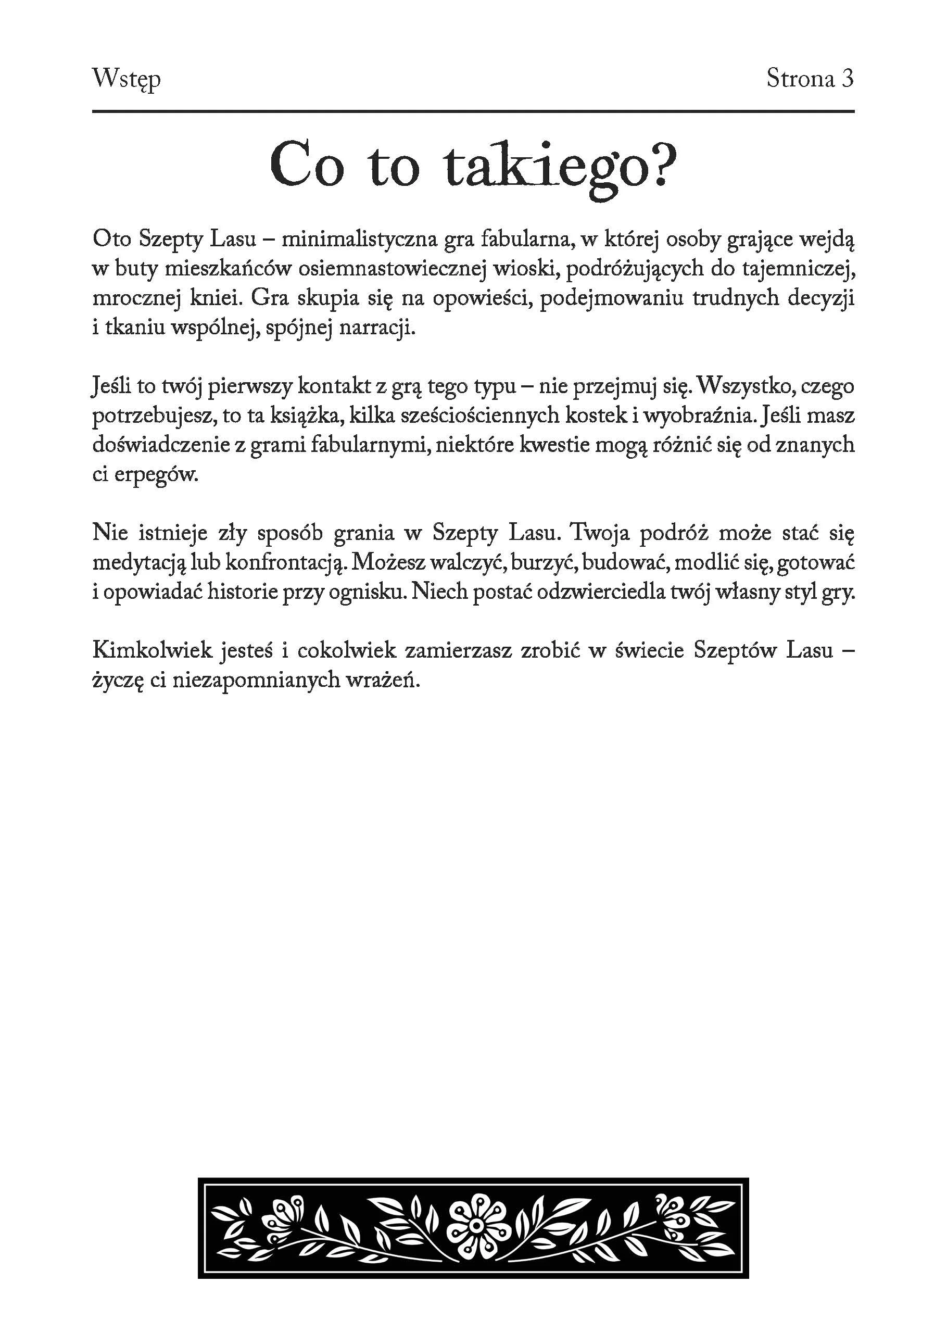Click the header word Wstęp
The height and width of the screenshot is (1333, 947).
click(x=127, y=79)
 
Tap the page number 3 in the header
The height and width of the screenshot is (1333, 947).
click(x=847, y=78)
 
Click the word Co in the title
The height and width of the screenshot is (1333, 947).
click(x=306, y=166)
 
